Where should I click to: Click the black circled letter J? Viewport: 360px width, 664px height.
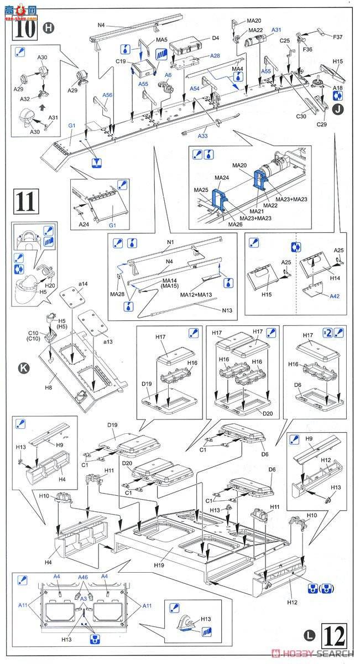337,108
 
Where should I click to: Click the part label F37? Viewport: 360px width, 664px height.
337,37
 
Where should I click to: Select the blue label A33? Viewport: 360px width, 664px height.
202,136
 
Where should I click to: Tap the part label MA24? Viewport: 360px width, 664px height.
206,178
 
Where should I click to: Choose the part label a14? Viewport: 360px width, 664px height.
82,284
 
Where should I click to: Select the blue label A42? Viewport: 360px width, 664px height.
333,296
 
